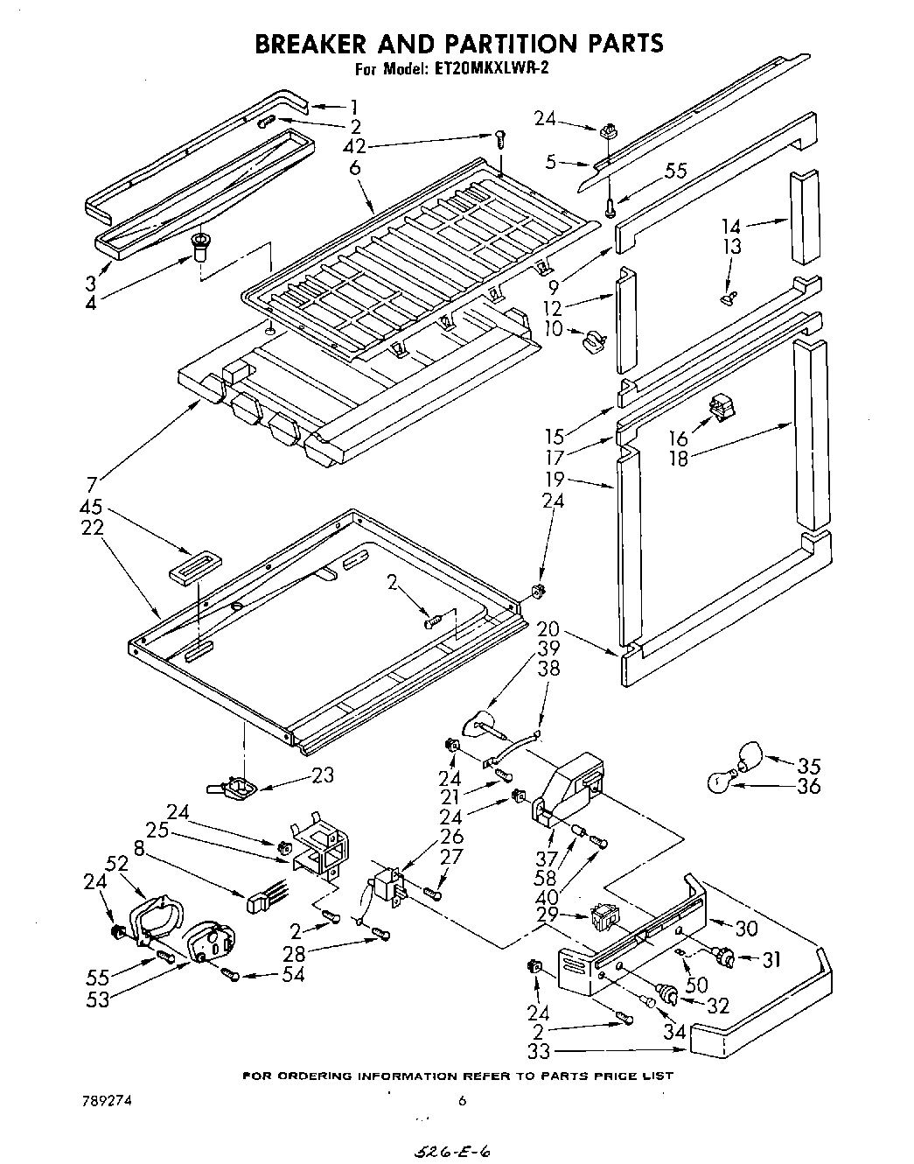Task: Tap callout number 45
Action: [x=91, y=507]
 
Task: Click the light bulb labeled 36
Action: [x=720, y=782]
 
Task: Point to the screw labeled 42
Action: [x=500, y=137]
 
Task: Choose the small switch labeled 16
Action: [x=721, y=405]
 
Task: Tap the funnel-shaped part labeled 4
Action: [x=199, y=247]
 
